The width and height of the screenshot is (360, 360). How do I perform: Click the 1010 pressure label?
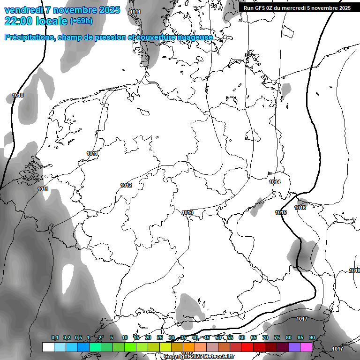[x=18, y=95]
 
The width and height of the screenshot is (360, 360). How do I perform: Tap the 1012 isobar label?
[x=126, y=185]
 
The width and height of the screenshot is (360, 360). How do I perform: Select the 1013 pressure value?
[x=187, y=212]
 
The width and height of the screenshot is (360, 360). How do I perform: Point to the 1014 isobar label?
[x=275, y=182]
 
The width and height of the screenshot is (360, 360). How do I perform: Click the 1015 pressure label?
[x=281, y=212]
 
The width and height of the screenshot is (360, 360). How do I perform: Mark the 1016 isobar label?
[x=300, y=208]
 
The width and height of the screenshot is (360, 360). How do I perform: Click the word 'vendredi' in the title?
[x=23, y=10]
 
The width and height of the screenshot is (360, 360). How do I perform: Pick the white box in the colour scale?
[x=48, y=347]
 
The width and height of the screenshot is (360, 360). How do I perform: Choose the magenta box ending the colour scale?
[x=306, y=347]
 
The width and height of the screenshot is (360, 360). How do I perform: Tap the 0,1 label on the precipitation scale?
[x=55, y=337]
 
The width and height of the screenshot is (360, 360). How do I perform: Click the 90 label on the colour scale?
[x=312, y=337]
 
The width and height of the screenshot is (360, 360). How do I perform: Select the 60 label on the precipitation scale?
[x=242, y=337]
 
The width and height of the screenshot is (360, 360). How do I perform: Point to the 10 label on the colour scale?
[x=125, y=337]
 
